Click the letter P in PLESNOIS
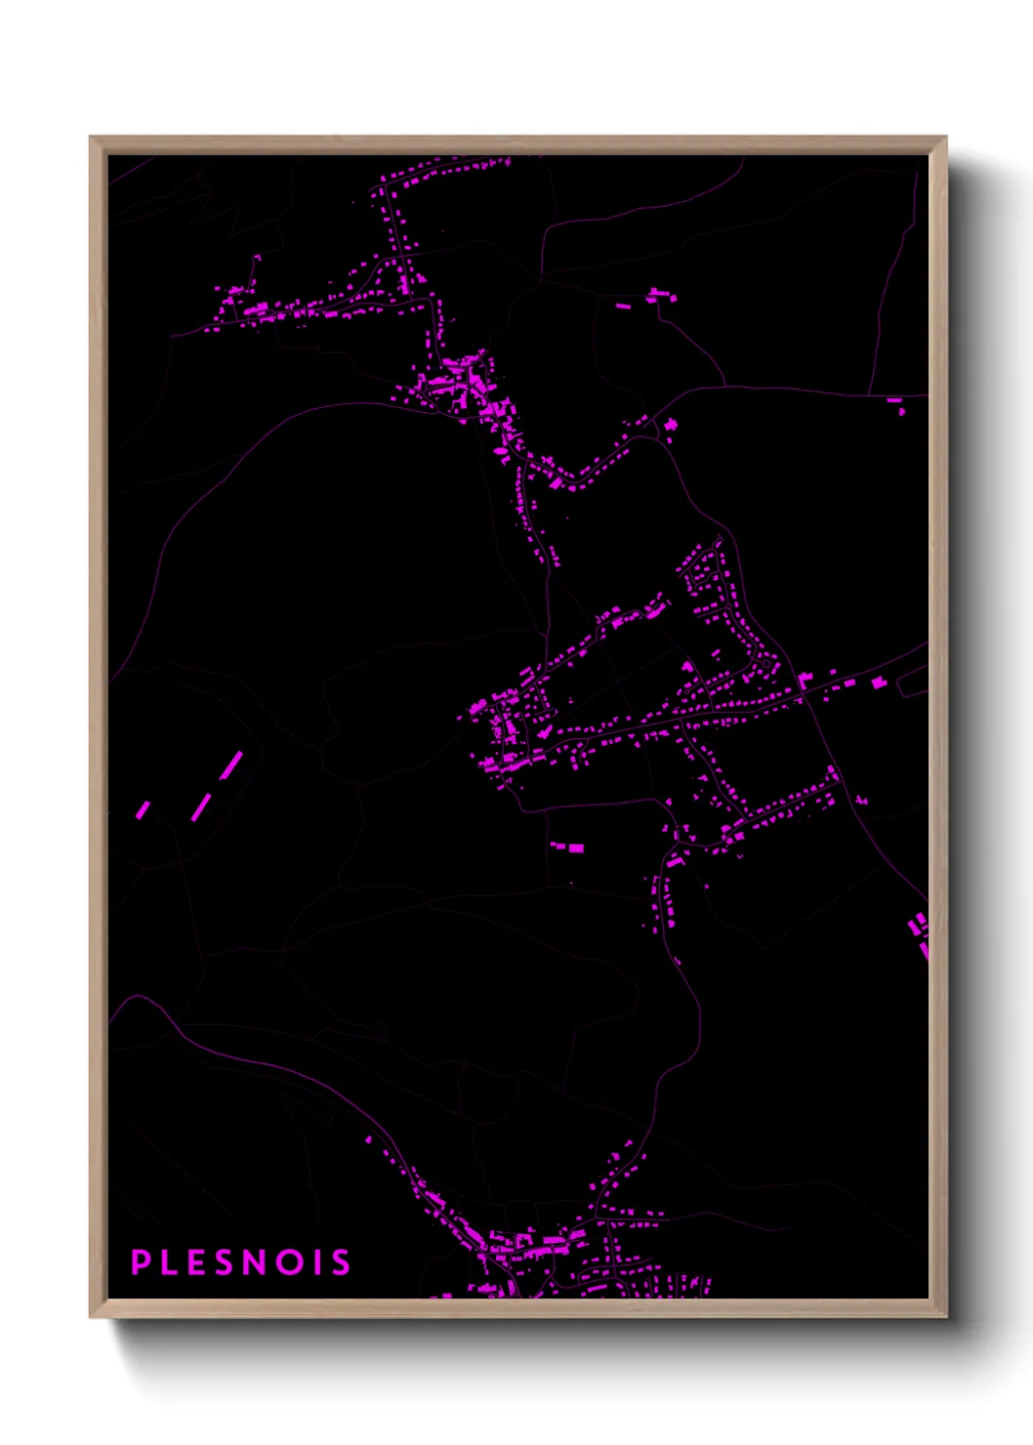(x=141, y=1261)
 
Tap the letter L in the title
(x=169, y=1261)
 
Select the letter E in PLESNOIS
(x=196, y=1261)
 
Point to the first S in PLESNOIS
(x=225, y=1261)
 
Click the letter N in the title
(x=255, y=1261)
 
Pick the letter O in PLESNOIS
(x=289, y=1261)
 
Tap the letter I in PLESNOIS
(x=316, y=1261)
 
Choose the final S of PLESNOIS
(x=339, y=1261)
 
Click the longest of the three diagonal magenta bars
(x=231, y=765)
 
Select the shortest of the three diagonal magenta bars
(x=144, y=809)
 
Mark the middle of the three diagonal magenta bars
(x=201, y=807)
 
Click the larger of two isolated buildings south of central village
(x=575, y=847)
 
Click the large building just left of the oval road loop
(x=879, y=682)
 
